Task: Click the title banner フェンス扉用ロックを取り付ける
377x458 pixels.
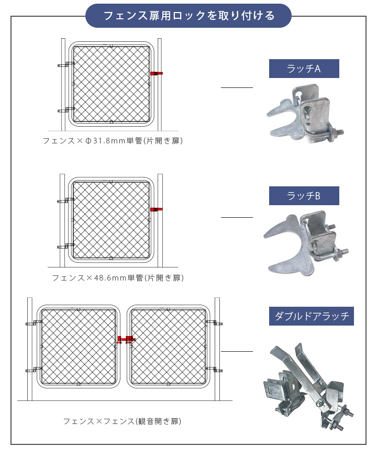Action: [188, 16]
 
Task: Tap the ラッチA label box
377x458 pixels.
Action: [304, 69]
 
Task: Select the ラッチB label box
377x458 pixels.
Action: [304, 196]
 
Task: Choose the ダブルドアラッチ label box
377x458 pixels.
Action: [311, 316]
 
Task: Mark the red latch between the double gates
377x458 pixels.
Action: [126, 340]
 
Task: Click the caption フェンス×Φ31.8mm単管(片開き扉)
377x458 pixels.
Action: [113, 141]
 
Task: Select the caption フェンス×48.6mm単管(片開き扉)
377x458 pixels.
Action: [117, 277]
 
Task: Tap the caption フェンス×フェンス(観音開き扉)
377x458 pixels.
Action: [122, 421]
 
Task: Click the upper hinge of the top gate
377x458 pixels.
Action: [65, 65]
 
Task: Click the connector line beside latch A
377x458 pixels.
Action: [237, 88]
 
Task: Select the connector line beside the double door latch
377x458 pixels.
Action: [237, 351]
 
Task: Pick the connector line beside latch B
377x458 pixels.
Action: [237, 217]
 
